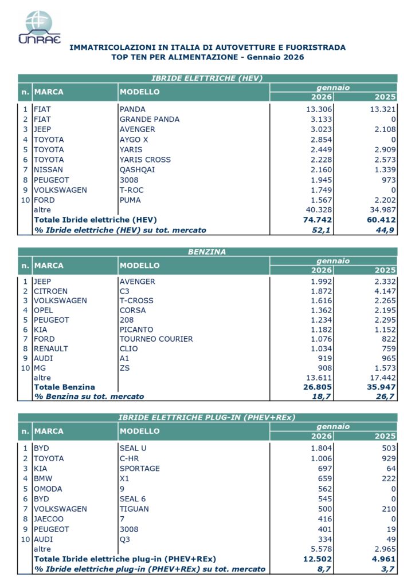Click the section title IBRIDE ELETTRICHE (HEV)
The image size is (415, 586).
coord(207,78)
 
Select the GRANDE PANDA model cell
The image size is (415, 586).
coord(149,119)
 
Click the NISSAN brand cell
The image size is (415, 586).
coord(49,170)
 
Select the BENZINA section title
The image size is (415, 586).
coord(207,251)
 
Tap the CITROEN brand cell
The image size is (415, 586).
coord(51,291)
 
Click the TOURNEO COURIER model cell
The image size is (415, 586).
coord(156,339)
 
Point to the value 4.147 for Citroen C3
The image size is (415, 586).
coord(382,291)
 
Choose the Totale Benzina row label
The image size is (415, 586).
coord(65,387)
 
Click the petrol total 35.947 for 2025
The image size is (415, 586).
coord(381,387)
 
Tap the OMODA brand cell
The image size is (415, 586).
coord(48,489)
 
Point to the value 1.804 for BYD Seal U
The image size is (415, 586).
coord(320,448)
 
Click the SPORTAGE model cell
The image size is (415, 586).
coord(140,469)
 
